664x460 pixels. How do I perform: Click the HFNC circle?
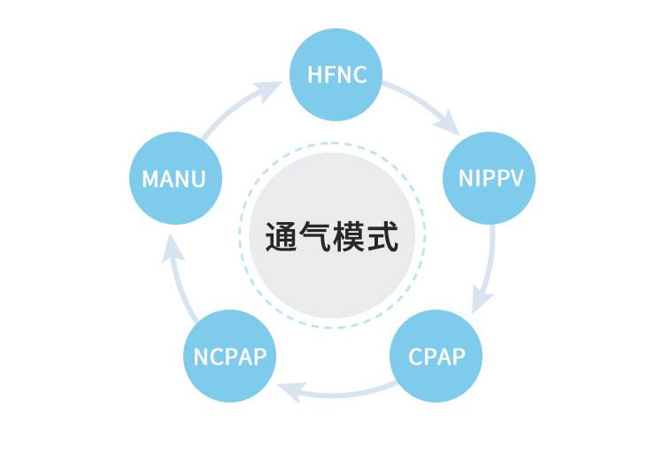coord(337,75)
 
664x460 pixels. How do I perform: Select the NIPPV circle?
coord(490,179)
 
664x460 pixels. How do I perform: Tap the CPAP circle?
coord(436,357)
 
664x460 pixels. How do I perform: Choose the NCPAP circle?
coord(228,357)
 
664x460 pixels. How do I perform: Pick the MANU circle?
coord(174,179)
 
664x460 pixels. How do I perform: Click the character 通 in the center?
coord(282,237)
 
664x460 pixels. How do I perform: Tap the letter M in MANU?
coord(151,180)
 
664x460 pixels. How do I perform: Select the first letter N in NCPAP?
coord(201,357)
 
